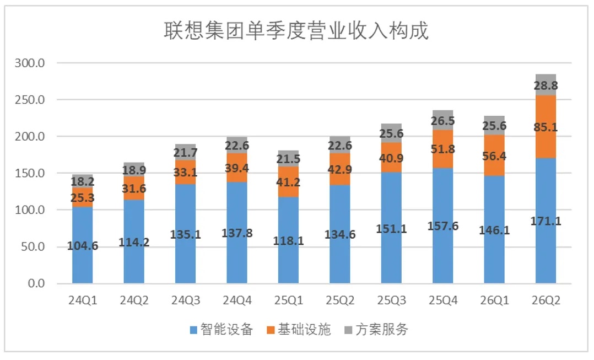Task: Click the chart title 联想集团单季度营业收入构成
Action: (x=296, y=30)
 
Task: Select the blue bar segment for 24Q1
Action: (x=83, y=245)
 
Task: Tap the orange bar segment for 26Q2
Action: (x=546, y=127)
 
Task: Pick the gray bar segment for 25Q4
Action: (x=443, y=120)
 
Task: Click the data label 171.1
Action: (x=546, y=221)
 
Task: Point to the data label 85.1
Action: (x=546, y=127)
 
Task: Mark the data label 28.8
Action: (x=546, y=85)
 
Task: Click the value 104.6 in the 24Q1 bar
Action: (x=83, y=246)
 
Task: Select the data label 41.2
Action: (x=288, y=182)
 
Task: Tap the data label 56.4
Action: (x=494, y=156)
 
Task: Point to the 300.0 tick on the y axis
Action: (x=30, y=63)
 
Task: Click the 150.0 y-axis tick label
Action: (x=30, y=173)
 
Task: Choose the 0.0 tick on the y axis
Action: (x=36, y=283)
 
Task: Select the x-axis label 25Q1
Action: (x=289, y=300)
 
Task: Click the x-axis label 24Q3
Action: (x=186, y=300)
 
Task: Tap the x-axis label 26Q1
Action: (x=494, y=300)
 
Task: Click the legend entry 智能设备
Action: (x=222, y=329)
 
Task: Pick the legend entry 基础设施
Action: (x=299, y=329)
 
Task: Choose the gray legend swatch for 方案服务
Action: (x=348, y=330)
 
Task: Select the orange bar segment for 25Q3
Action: (x=391, y=157)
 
